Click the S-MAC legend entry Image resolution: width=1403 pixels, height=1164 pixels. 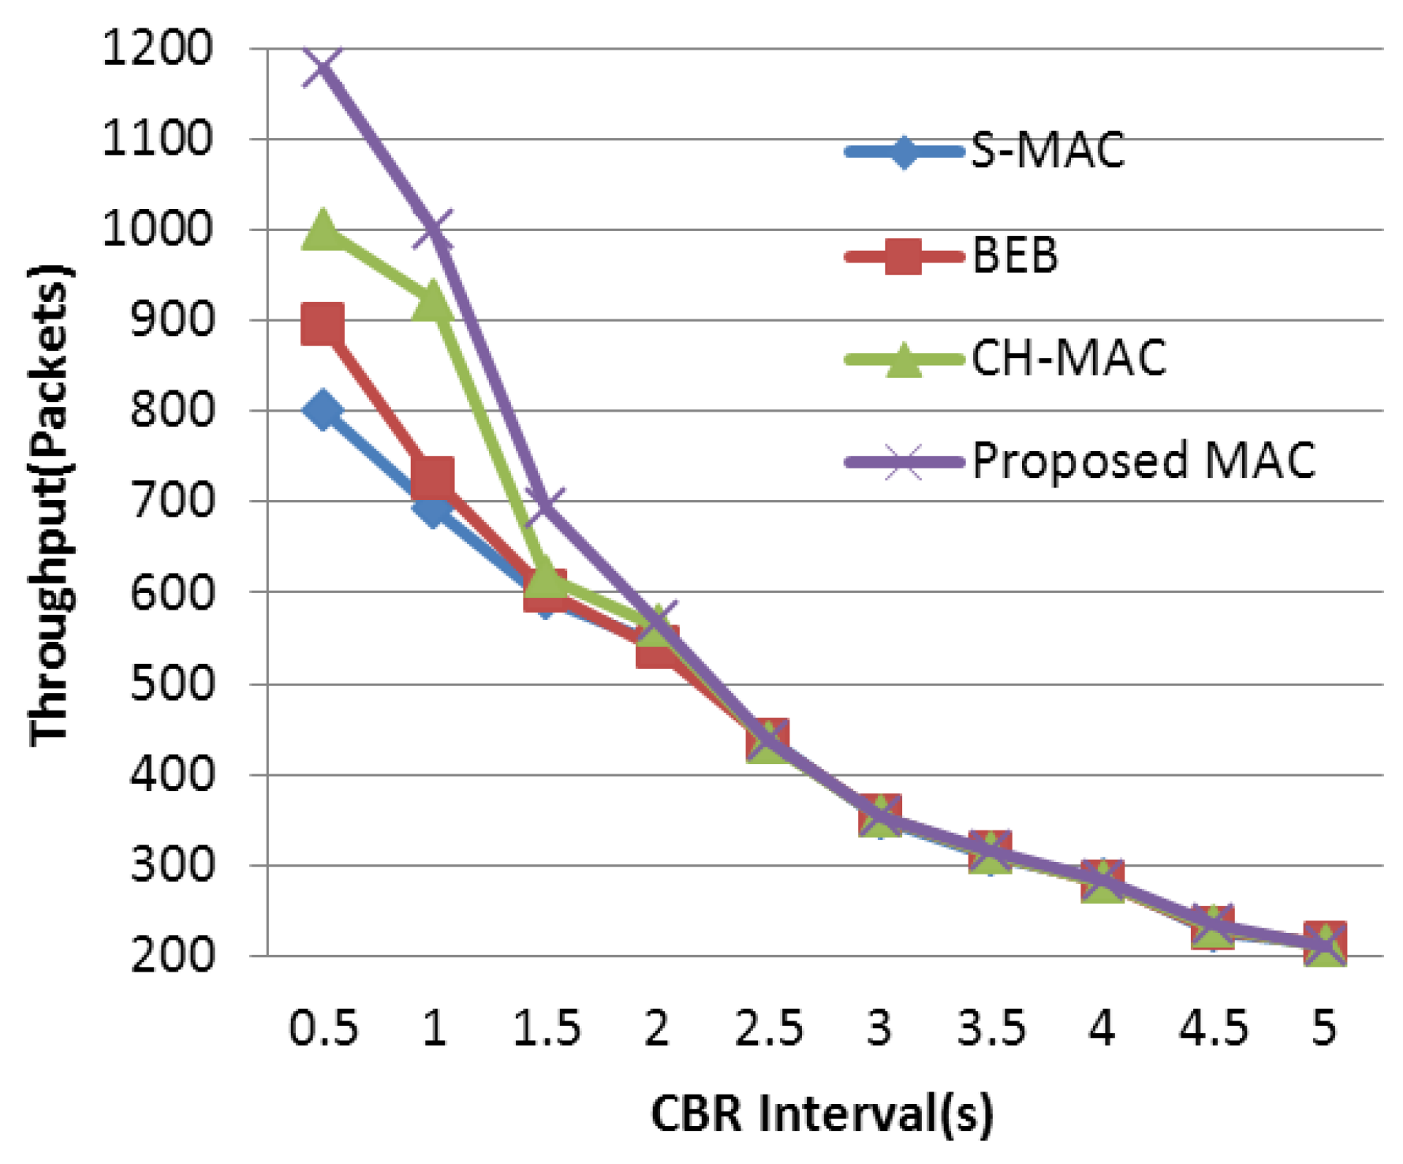pos(1047,150)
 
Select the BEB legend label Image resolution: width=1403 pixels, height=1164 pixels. pos(1014,256)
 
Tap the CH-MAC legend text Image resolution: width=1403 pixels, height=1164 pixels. pos(1068,359)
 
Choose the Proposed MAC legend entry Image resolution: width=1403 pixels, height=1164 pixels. pos(1144,461)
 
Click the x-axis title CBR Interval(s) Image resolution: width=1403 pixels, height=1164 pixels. pos(822,1114)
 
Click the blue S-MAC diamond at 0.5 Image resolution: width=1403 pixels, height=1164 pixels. pos(323,410)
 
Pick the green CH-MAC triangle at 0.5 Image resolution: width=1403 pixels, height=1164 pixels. pos(323,230)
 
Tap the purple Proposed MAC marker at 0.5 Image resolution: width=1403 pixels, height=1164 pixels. pos(323,66)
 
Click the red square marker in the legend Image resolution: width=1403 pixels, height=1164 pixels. pos(904,256)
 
